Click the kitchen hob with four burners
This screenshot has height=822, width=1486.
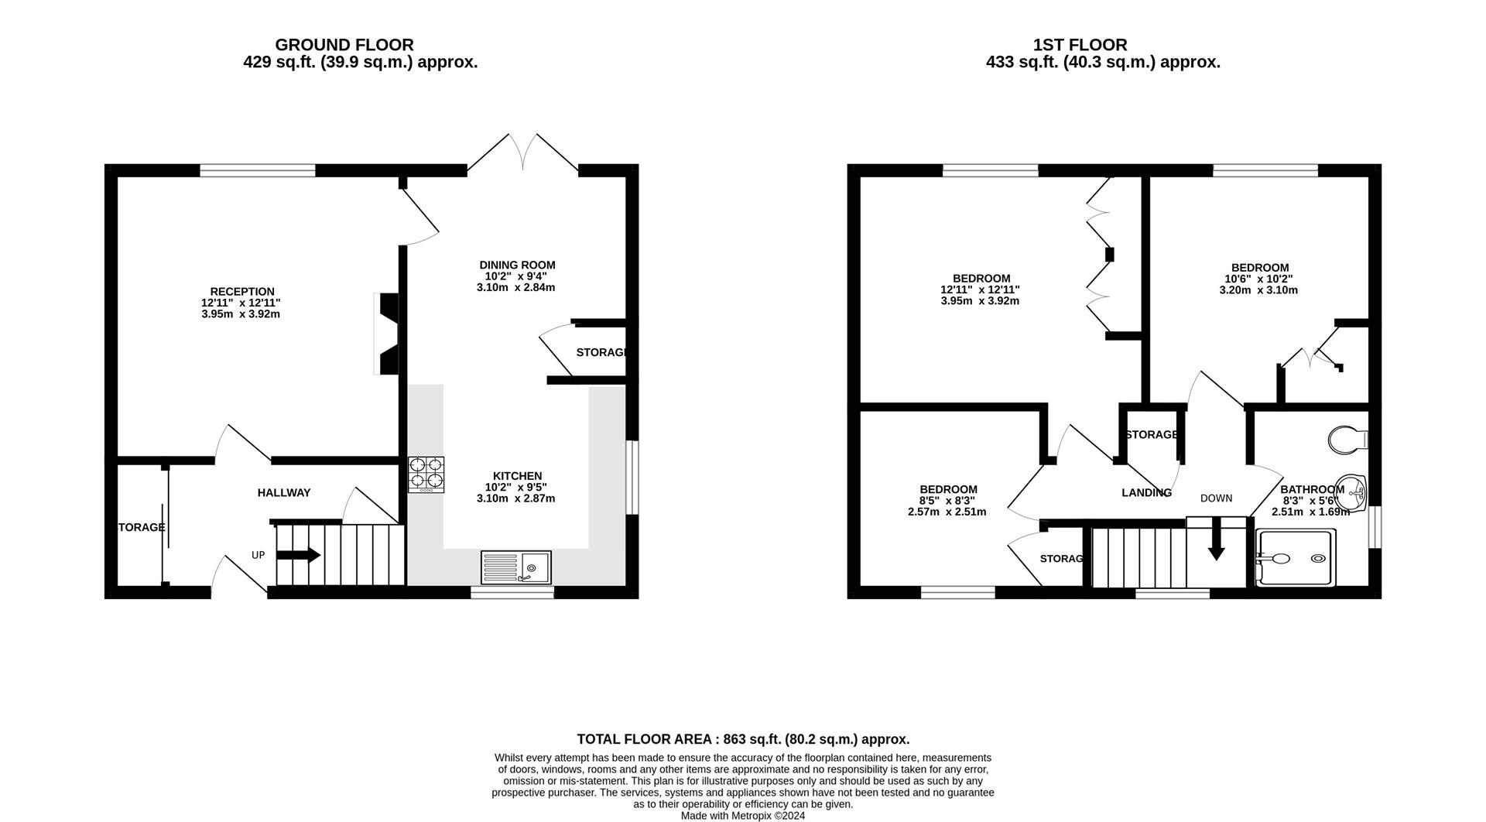pyautogui.click(x=426, y=474)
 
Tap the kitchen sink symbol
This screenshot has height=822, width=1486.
pyautogui.click(x=516, y=567)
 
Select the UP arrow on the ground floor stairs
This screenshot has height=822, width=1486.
pyautogui.click(x=298, y=554)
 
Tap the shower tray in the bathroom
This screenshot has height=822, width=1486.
pyautogui.click(x=1296, y=557)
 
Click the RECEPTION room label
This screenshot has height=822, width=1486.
pyautogui.click(x=242, y=292)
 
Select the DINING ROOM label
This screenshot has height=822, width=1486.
pyautogui.click(x=517, y=265)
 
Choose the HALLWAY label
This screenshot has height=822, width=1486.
pyautogui.click(x=284, y=492)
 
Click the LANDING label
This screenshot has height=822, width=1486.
pyautogui.click(x=1146, y=492)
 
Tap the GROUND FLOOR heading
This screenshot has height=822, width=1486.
pyautogui.click(x=344, y=45)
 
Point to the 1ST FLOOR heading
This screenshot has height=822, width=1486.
pyautogui.click(x=1080, y=45)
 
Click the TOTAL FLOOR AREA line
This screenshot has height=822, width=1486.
pyautogui.click(x=743, y=739)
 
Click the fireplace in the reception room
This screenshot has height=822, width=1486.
pyautogui.click(x=385, y=334)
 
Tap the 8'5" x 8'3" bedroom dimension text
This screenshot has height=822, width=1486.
pyautogui.click(x=947, y=501)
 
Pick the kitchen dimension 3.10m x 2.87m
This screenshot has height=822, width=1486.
pyautogui.click(x=516, y=498)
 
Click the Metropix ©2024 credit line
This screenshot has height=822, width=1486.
pyautogui.click(x=743, y=816)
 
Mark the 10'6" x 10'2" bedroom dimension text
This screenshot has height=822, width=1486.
pyautogui.click(x=1258, y=279)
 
